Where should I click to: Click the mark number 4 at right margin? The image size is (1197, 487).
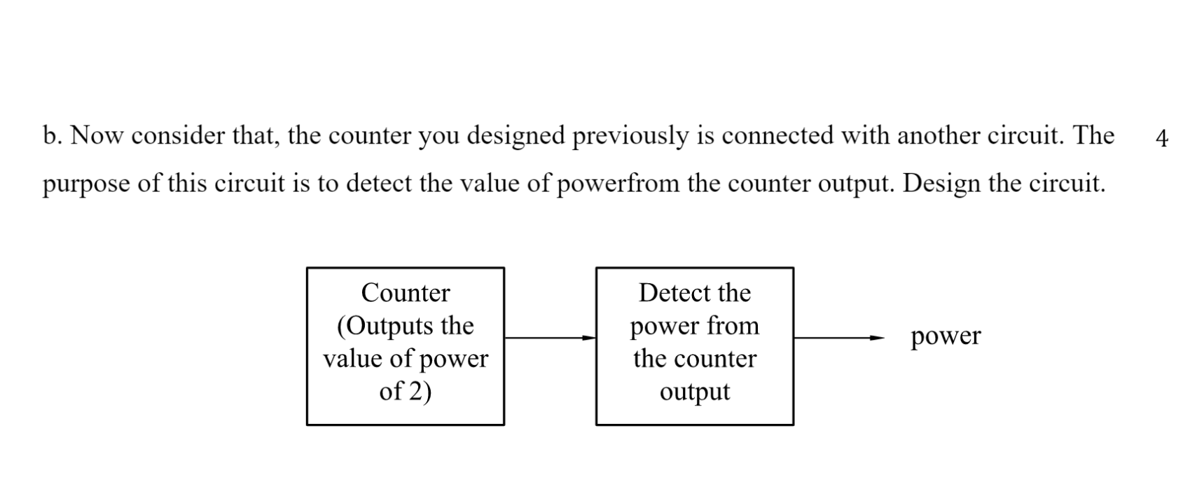point(1161,138)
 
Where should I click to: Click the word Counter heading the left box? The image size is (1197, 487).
point(405,292)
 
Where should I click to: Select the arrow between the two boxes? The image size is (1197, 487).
point(550,338)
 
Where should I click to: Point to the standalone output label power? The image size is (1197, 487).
point(946,336)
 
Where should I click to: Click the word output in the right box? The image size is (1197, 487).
point(694,391)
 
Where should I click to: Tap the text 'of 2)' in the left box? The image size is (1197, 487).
point(405,391)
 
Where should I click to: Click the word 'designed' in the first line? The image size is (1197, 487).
point(515,135)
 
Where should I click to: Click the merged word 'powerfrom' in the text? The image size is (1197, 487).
point(618,184)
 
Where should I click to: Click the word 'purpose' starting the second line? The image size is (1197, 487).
point(85,185)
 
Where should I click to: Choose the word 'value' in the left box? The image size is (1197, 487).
point(352,358)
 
